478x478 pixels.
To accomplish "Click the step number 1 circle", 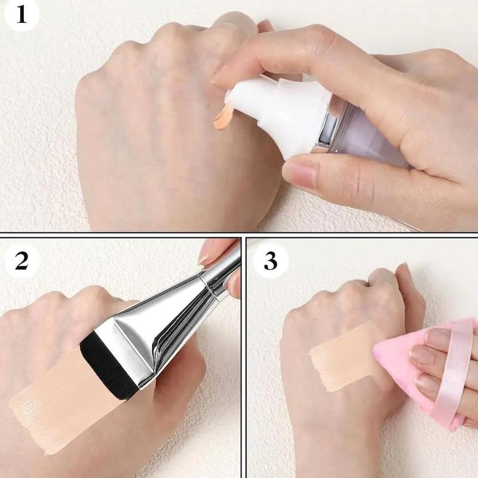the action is click(x=21, y=14).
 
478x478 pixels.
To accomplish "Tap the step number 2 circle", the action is click(x=22, y=260).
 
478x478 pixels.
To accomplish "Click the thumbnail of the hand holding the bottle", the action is click(x=301, y=173).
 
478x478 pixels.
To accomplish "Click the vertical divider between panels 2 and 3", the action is click(x=244, y=357).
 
